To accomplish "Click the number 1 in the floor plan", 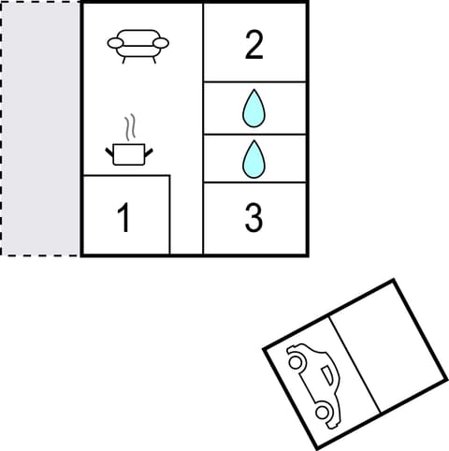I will tap(123, 217).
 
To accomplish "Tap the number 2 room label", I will tap(253, 46).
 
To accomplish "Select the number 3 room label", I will tap(253, 217).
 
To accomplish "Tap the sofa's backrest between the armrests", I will tap(138, 38).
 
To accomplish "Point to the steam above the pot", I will tap(131, 126).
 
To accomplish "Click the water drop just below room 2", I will tap(253, 109).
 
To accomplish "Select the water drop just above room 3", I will tap(253, 159).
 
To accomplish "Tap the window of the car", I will tap(326, 378).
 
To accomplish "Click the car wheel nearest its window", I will tap(324, 411).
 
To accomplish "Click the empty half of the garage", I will tap(384, 344).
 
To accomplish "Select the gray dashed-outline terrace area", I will tap(40, 128).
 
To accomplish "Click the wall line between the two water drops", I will tap(254, 134).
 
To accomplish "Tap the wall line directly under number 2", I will tap(254, 82).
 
